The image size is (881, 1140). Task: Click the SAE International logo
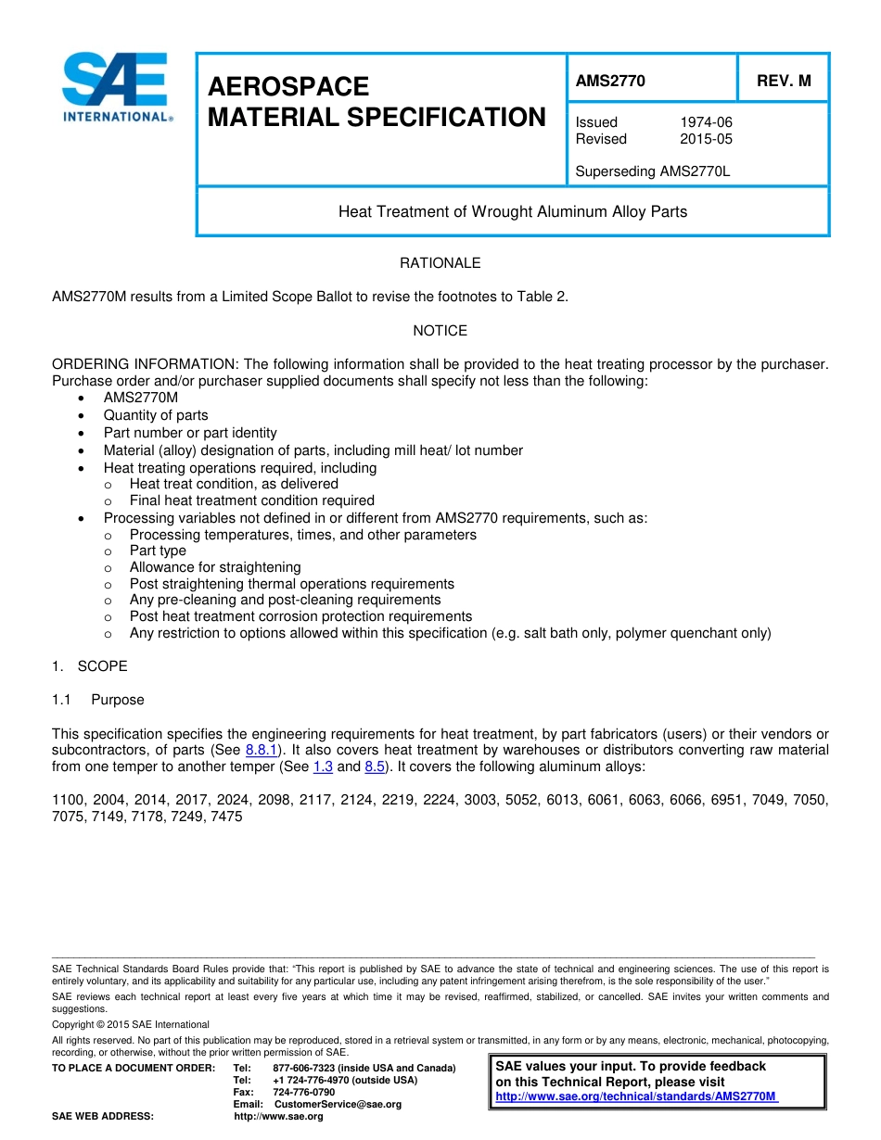point(116,88)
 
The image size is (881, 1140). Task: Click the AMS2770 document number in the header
point(609,81)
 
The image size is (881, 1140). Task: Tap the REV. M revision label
point(784,81)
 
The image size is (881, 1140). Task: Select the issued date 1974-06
point(706,122)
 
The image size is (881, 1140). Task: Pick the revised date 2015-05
point(706,139)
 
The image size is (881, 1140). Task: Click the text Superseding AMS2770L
point(653,171)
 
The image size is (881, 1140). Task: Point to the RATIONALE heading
point(440,263)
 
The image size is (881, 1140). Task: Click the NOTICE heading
point(440,331)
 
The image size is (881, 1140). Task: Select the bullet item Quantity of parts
point(156,415)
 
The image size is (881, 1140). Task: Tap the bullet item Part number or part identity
point(190,433)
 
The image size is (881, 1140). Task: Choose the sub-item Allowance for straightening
point(215,567)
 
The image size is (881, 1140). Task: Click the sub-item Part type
point(158,551)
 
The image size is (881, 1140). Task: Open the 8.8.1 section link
point(262,750)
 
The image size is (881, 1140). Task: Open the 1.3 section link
point(323,766)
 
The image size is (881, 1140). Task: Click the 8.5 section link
point(375,766)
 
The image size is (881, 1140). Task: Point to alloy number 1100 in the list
point(68,800)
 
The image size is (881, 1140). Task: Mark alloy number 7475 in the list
point(226,817)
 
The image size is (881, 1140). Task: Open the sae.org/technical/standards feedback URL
point(636,1096)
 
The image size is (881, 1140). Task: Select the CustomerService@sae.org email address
point(338,1105)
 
